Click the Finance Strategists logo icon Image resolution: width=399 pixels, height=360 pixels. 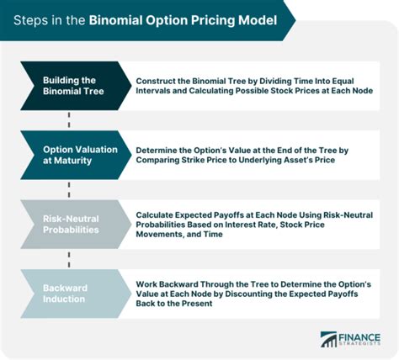(x=329, y=339)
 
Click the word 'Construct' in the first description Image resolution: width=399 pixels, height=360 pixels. (x=161, y=80)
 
